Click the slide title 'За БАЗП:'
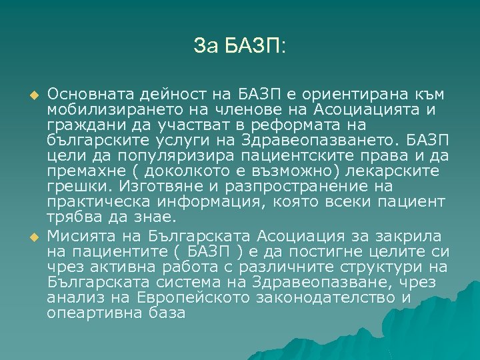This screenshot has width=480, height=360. tap(239, 46)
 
